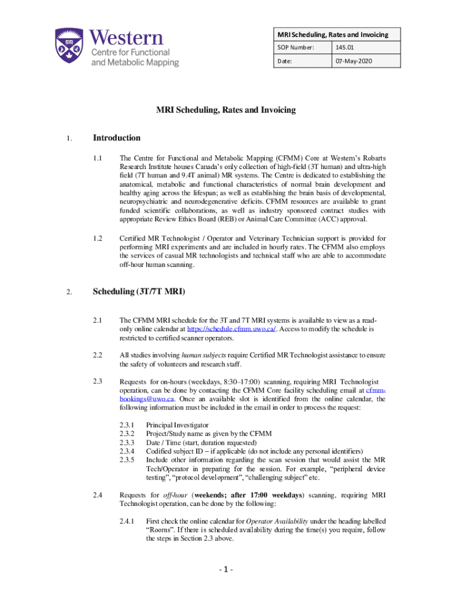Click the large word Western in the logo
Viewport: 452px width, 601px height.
tap(127, 39)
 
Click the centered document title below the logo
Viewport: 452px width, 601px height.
tap(225, 110)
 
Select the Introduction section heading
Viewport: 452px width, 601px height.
tap(117, 138)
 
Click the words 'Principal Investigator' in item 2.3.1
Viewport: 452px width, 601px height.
tap(177, 425)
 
